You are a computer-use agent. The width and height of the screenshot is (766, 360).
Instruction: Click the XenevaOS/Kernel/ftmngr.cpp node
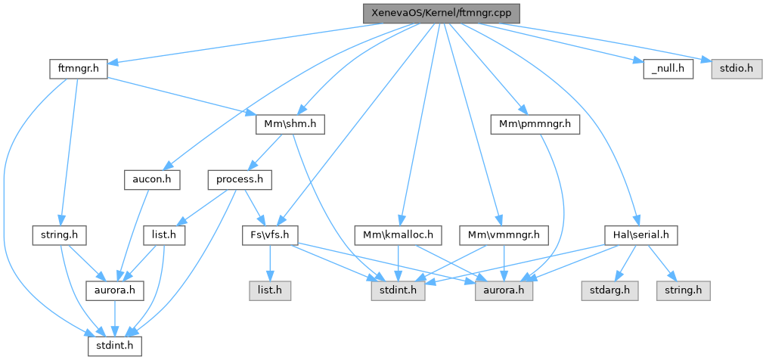point(442,14)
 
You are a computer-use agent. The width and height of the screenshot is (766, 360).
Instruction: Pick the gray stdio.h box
point(733,68)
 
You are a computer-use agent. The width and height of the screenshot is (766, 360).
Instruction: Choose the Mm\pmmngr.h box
point(536,123)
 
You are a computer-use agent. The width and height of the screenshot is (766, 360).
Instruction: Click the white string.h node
point(59,236)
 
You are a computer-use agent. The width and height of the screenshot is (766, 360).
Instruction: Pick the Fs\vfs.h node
point(271,236)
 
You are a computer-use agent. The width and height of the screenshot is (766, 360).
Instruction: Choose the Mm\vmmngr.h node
point(504,236)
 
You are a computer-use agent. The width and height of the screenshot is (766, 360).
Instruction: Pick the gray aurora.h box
point(502,290)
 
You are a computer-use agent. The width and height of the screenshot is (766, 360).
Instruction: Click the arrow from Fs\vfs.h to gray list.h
point(268,264)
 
